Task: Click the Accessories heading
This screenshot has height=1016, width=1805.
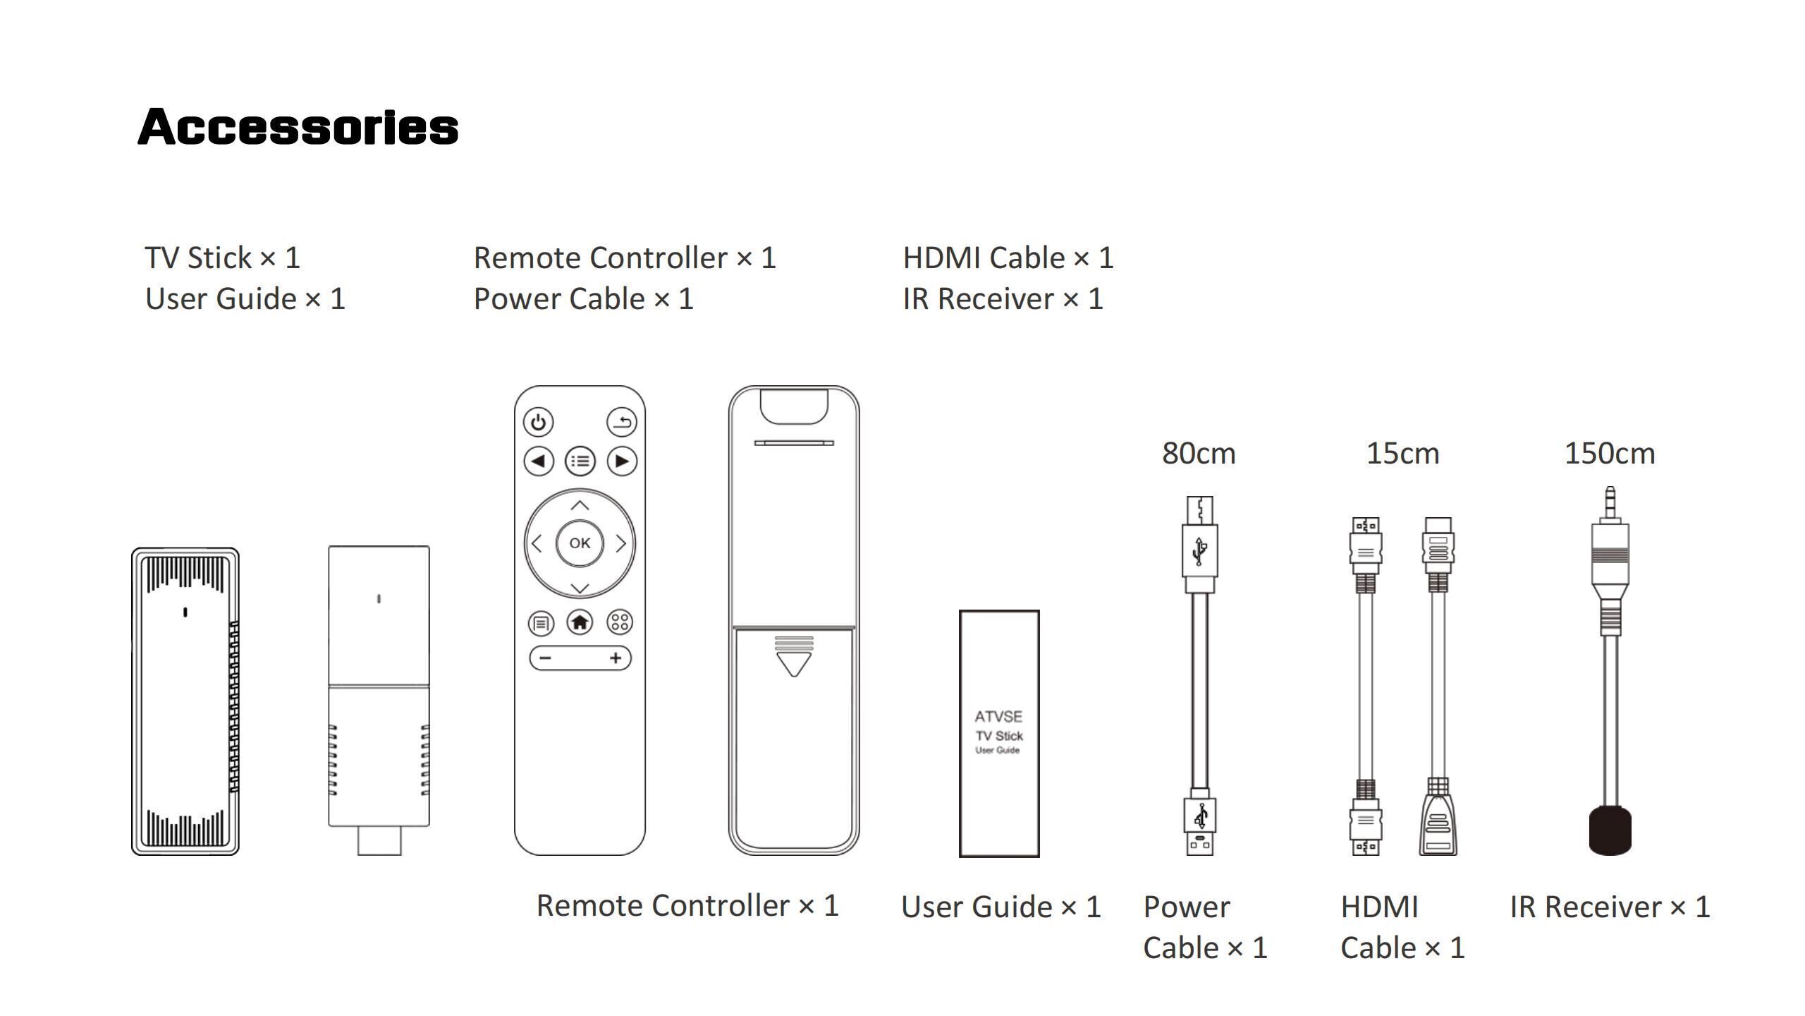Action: (x=298, y=127)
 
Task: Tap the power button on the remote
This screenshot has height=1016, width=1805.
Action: (x=539, y=423)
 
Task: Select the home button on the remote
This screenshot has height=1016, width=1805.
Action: (x=580, y=622)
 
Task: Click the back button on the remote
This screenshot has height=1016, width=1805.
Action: (x=621, y=423)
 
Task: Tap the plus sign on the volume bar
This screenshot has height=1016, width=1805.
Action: (x=616, y=658)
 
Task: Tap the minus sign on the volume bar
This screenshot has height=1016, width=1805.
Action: (x=544, y=658)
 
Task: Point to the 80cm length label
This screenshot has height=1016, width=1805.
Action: (x=1199, y=454)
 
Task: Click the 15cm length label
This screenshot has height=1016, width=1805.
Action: (x=1402, y=454)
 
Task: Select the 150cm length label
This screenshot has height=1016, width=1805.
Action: (x=1610, y=454)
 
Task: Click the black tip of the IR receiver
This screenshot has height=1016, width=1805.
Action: (x=1610, y=830)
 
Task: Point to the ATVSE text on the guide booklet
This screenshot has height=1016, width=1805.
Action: (x=998, y=717)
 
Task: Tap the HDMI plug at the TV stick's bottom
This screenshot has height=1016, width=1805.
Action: (x=379, y=840)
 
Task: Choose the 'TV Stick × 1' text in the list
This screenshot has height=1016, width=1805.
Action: (x=223, y=258)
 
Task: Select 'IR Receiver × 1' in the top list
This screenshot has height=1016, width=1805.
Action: (x=1003, y=299)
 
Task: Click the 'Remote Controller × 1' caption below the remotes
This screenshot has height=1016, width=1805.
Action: (x=687, y=906)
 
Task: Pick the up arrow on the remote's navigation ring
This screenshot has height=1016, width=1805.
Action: (x=580, y=505)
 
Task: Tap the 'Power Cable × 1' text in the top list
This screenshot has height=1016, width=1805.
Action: (x=584, y=299)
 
